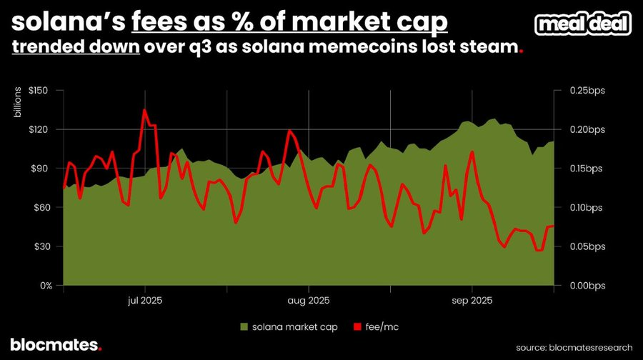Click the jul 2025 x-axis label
(x=145, y=300)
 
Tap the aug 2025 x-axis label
(x=309, y=300)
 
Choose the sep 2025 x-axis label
(x=472, y=300)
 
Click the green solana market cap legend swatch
(x=243, y=326)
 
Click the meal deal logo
(x=584, y=24)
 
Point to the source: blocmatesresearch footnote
(x=574, y=346)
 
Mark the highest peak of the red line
(x=144, y=110)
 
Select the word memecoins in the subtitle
(x=396, y=49)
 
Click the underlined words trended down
(x=74, y=49)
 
